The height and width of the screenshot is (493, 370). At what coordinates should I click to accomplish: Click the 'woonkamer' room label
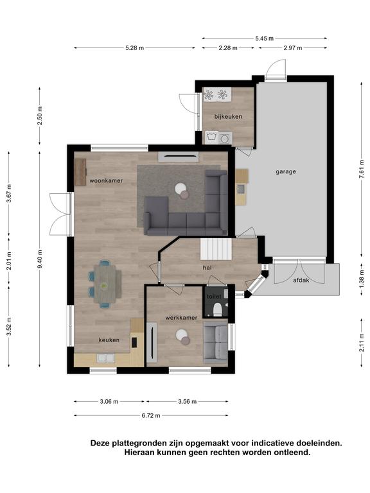[106, 180]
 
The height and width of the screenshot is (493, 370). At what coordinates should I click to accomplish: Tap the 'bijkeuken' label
[228, 117]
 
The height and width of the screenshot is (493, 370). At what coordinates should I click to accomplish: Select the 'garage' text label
[286, 171]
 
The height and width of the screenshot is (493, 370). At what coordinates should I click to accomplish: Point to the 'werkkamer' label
[181, 318]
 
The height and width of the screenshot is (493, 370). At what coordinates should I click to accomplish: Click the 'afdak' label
[301, 280]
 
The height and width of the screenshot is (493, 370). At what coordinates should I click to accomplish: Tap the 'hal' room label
[207, 268]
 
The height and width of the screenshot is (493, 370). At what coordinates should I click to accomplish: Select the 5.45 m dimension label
[264, 39]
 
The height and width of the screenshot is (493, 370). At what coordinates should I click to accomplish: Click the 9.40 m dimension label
[40, 259]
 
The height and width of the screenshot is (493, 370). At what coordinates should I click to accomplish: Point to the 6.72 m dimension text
[151, 416]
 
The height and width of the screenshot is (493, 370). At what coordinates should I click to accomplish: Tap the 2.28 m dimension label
[228, 48]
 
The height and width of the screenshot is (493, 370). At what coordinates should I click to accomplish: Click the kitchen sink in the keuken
[106, 358]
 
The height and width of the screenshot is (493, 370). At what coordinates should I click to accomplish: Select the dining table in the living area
[105, 284]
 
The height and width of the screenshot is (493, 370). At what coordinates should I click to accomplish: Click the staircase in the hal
[216, 249]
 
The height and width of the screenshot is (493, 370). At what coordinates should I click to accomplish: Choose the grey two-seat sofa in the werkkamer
[215, 342]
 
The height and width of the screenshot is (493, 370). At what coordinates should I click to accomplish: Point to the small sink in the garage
[241, 189]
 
